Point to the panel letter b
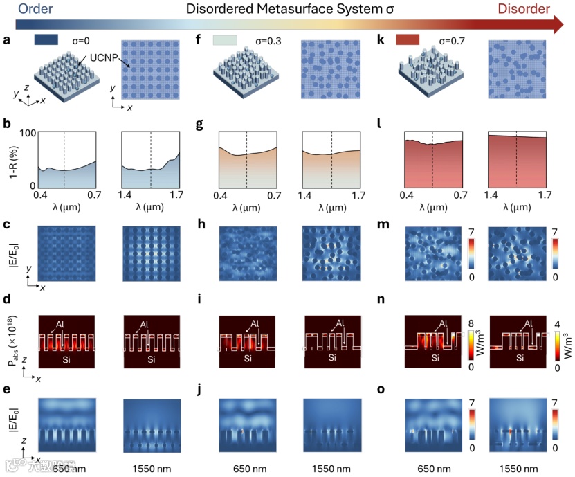pos(7,126)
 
